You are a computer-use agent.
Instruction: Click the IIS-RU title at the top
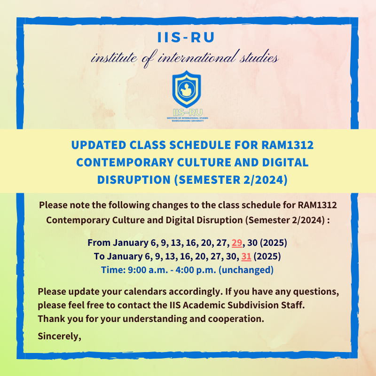186,38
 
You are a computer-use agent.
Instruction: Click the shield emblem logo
187,89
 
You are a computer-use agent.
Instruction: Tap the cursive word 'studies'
259,57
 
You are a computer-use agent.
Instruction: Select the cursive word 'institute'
114,58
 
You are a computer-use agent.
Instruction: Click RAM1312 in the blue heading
287,145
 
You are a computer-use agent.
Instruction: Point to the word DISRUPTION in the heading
133,180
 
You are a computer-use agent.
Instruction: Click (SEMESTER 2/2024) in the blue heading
231,180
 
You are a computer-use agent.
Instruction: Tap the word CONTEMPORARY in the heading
125,162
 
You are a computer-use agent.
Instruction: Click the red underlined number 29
237,243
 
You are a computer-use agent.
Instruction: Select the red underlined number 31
246,256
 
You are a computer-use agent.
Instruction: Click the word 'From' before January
99,243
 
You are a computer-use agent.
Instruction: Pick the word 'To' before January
99,256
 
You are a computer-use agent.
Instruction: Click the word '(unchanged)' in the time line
246,270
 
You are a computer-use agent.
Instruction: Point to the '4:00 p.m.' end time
196,270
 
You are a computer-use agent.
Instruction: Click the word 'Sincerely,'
60,336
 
